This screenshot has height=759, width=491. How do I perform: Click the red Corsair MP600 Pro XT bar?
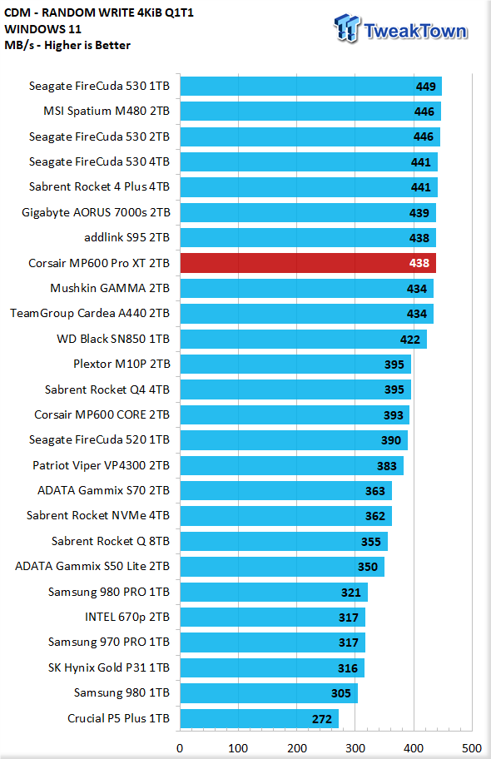click(308, 263)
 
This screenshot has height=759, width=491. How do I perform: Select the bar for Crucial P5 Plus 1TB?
click(259, 718)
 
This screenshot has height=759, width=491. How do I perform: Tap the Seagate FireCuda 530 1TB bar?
click(311, 87)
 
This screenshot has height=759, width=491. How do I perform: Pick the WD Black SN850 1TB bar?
click(303, 339)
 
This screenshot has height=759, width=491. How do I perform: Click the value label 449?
click(425, 87)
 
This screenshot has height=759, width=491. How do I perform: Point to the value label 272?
click(322, 719)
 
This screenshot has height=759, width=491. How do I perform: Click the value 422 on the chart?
click(410, 340)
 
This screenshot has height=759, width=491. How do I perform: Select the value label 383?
click(387, 466)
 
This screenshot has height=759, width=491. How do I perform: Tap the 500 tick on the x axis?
click(472, 748)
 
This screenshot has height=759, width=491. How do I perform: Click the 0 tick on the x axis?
click(180, 748)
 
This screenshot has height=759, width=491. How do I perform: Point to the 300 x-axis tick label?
click(355, 748)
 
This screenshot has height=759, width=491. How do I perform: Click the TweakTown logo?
click(401, 28)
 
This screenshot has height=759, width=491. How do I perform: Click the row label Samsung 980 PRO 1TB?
click(109, 592)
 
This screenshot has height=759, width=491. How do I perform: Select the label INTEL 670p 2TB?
click(127, 617)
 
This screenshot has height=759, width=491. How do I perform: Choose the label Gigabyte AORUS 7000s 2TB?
click(96, 212)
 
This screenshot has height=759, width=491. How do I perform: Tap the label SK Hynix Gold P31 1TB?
click(109, 667)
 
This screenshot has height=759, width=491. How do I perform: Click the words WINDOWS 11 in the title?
click(42, 29)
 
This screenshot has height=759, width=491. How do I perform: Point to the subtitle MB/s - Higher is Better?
click(67, 45)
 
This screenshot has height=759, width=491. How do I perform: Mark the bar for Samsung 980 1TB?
click(269, 693)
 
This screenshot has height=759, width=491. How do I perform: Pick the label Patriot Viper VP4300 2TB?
click(102, 465)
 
